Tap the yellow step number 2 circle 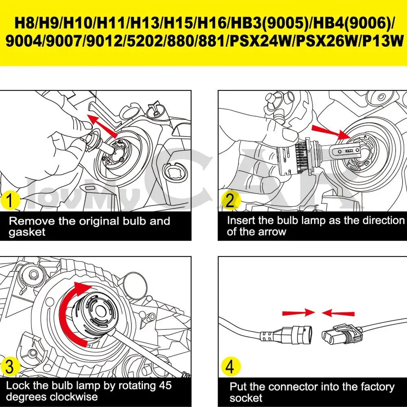click(x=230, y=200)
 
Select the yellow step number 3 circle click(x=10, y=367)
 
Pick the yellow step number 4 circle click(x=230, y=367)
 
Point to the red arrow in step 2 click(x=331, y=132)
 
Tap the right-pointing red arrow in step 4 click(x=298, y=313)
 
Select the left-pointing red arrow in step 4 click(x=338, y=313)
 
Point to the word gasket click(x=27, y=232)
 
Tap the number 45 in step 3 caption click(x=164, y=385)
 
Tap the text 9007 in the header click(x=64, y=42)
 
